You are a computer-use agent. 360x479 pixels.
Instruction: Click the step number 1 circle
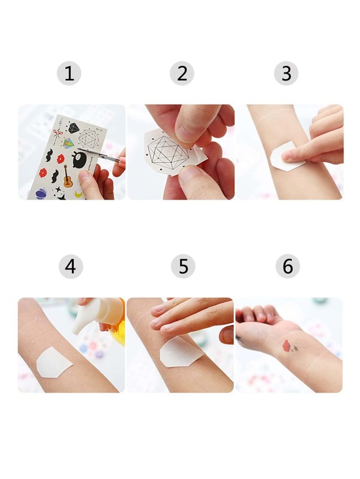(69, 73)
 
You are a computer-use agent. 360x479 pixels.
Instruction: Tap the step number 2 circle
(182, 73)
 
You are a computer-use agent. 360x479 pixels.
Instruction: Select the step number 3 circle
(286, 73)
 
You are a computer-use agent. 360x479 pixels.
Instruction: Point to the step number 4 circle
(71, 266)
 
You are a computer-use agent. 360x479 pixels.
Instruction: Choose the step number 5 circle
(183, 266)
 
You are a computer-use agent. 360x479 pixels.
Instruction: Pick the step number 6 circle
(287, 266)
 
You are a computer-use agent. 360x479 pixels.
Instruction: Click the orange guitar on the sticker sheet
(68, 177)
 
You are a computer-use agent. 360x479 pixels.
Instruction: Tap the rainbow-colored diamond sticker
(69, 142)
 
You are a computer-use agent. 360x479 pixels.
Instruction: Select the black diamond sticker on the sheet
(73, 128)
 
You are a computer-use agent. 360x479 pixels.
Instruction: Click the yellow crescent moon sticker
(79, 194)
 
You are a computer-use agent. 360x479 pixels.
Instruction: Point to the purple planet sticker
(41, 194)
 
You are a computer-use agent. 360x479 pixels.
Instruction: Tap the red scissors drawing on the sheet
(56, 132)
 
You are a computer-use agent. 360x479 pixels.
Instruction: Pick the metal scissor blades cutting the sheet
(97, 154)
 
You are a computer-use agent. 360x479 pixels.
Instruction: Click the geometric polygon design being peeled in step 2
(168, 152)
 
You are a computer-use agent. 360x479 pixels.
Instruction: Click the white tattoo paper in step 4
(53, 363)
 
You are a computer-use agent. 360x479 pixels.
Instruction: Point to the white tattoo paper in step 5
(181, 351)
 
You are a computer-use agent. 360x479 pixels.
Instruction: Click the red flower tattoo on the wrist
(289, 346)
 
